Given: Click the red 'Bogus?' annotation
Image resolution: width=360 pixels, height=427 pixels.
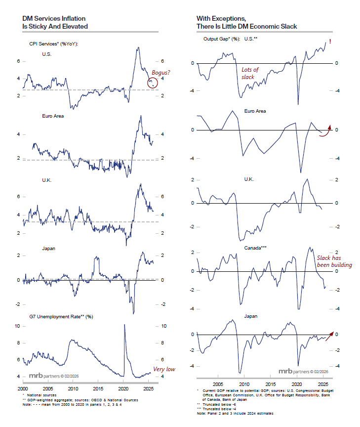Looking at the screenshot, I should pyautogui.click(x=160, y=73).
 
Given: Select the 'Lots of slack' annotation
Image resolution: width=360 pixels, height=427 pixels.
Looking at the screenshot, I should pyautogui.click(x=250, y=74).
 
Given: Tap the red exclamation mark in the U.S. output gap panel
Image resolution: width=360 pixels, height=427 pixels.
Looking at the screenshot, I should pyautogui.click(x=329, y=42).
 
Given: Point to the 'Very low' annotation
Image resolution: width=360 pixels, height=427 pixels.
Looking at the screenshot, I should pyautogui.click(x=164, y=369).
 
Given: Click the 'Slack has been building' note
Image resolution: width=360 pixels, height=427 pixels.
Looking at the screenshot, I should pyautogui.click(x=334, y=261).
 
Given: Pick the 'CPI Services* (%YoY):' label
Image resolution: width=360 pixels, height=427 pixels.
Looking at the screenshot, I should pyautogui.click(x=53, y=44).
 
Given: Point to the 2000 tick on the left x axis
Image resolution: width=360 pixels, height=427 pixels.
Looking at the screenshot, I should pyautogui.click(x=23, y=388).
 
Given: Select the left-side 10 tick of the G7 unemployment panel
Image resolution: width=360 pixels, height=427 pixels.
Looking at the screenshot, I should pyautogui.click(x=17, y=326).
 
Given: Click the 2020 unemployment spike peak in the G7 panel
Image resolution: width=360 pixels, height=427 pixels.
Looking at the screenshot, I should pyautogui.click(x=124, y=325).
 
